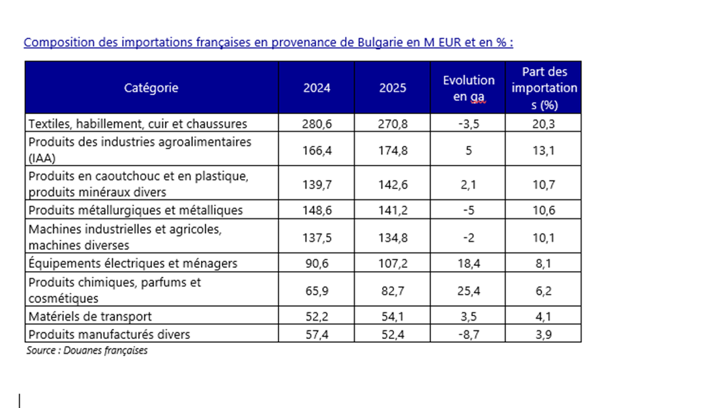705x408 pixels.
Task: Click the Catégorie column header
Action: (151, 87)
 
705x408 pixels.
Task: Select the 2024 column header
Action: (316, 87)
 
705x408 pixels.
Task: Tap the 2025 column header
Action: (393, 87)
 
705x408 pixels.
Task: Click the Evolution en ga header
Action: (468, 88)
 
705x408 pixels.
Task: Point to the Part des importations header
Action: (544, 88)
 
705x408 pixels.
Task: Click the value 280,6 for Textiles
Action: (316, 124)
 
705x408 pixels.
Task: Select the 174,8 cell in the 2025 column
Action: (393, 150)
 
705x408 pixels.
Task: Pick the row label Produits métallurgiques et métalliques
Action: (136, 211)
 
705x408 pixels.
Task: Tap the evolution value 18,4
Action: (468, 263)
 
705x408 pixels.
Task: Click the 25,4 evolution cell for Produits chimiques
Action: (468, 291)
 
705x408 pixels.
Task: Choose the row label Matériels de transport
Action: (90, 316)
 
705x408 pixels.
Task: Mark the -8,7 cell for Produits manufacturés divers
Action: (468, 334)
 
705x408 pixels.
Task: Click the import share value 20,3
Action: (544, 124)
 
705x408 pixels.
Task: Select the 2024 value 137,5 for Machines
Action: (316, 237)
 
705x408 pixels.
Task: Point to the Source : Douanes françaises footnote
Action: (87, 351)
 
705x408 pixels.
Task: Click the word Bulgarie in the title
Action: (380, 42)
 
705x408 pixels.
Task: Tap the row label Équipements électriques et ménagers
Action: (132, 263)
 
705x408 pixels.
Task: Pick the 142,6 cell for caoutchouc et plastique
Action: (393, 184)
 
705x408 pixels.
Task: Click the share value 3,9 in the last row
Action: (544, 334)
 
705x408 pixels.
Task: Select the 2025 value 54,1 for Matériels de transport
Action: (393, 316)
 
